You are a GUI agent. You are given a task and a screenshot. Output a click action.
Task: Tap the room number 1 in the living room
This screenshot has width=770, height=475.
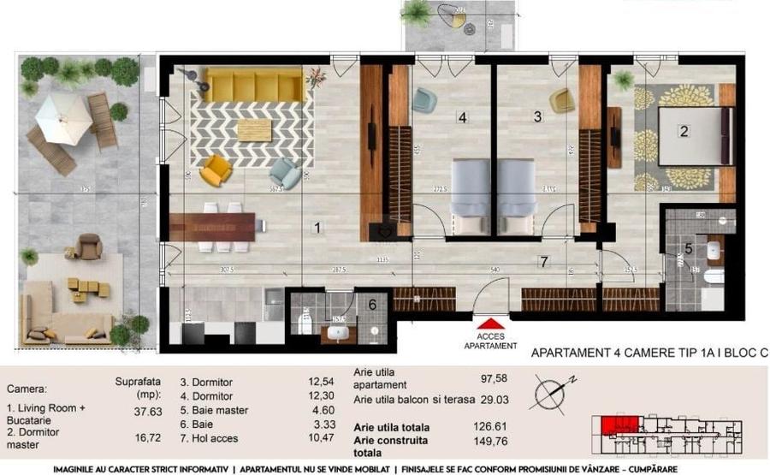click(x=317, y=229)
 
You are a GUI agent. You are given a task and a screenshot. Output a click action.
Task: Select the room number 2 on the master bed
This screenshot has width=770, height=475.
click(x=684, y=132)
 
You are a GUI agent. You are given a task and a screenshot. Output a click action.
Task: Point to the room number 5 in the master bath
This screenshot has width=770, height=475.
click(x=689, y=249)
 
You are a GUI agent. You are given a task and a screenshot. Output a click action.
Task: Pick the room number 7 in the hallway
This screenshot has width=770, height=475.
click(x=542, y=260)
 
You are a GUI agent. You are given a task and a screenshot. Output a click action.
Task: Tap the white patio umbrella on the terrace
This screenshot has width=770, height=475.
click(x=63, y=117)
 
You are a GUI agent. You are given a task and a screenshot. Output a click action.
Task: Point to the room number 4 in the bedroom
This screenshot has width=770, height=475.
click(x=462, y=118)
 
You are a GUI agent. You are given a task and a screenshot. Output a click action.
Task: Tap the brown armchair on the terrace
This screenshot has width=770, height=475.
click(x=88, y=247)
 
